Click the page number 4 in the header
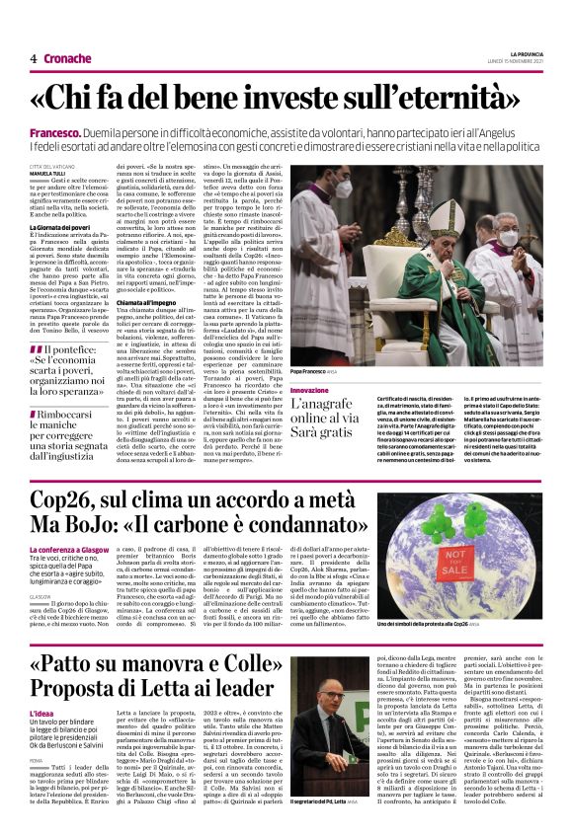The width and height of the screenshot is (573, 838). point(33,58)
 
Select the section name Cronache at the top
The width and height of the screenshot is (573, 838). point(68,58)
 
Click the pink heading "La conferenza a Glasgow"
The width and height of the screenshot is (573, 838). point(69,549)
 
